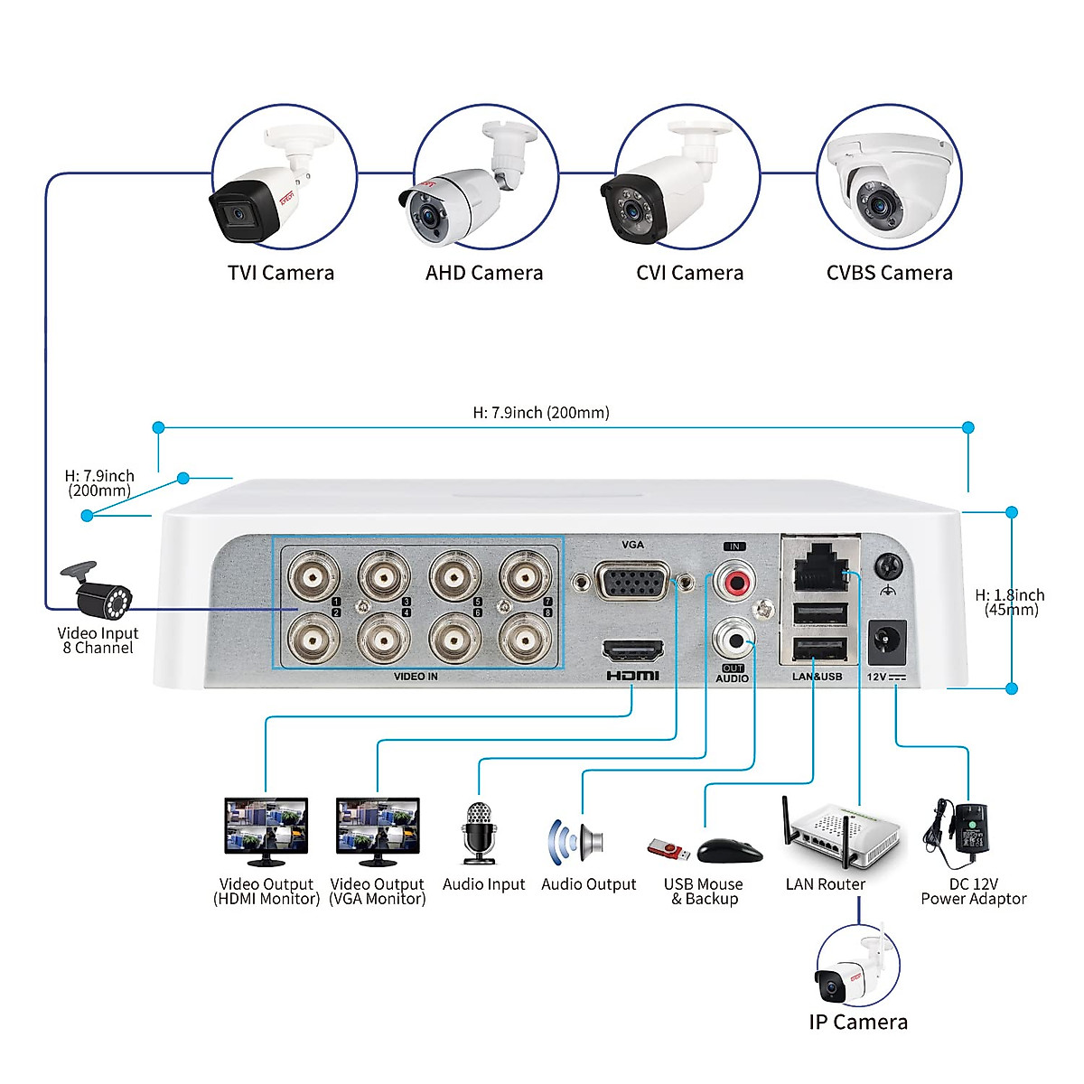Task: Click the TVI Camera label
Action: click(281, 273)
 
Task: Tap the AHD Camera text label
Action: click(484, 273)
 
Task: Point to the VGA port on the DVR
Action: click(632, 583)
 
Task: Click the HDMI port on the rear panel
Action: click(632, 650)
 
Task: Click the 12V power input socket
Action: click(886, 642)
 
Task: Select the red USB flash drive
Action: click(668, 850)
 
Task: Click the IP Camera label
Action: click(858, 1022)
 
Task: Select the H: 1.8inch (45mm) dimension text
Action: click(1010, 603)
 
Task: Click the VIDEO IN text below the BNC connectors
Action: click(416, 677)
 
